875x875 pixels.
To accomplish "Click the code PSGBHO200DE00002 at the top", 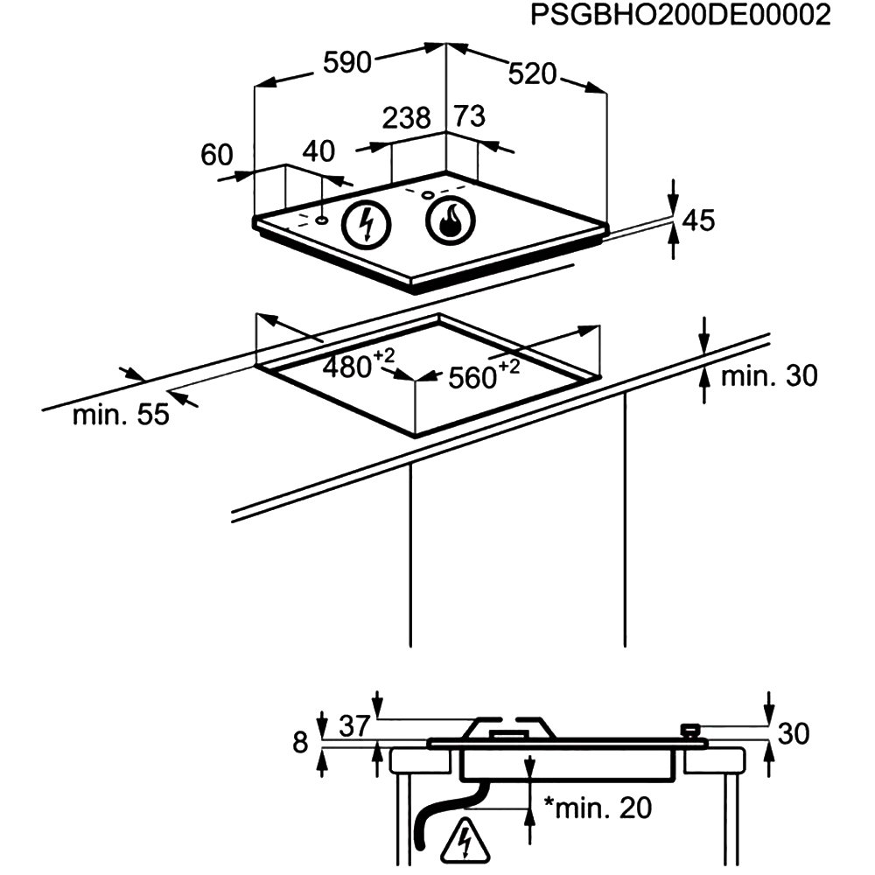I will click(x=680, y=17).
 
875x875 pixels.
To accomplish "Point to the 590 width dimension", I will click(x=347, y=62).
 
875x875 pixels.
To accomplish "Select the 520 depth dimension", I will click(x=532, y=75).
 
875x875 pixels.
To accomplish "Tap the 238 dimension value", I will click(x=407, y=117).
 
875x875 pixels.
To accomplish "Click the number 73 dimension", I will click(x=469, y=116).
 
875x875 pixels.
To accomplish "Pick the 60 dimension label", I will click(x=217, y=155).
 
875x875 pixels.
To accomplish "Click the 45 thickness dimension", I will click(x=698, y=220).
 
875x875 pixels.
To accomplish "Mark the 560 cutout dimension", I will click(x=479, y=376).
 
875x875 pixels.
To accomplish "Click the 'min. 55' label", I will click(x=121, y=415).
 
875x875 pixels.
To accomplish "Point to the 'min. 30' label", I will click(x=768, y=376).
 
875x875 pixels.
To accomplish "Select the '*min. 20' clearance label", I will click(x=598, y=808).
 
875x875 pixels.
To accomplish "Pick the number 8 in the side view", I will click(x=301, y=744).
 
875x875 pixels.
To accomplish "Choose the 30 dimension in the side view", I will click(x=794, y=734).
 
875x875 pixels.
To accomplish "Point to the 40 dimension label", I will click(x=318, y=151).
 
